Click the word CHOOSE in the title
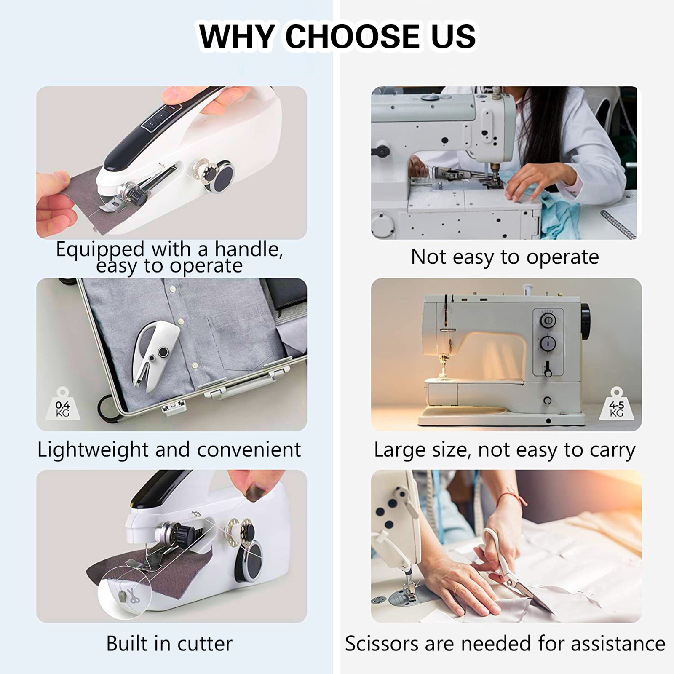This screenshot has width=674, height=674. point(353,36)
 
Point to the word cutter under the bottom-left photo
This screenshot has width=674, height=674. point(205,643)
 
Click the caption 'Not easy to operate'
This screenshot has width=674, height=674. point(505,257)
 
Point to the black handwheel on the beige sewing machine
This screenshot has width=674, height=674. point(586,320)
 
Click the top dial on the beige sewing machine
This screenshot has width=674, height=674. point(548,321)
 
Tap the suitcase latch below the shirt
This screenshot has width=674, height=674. point(174,407)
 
